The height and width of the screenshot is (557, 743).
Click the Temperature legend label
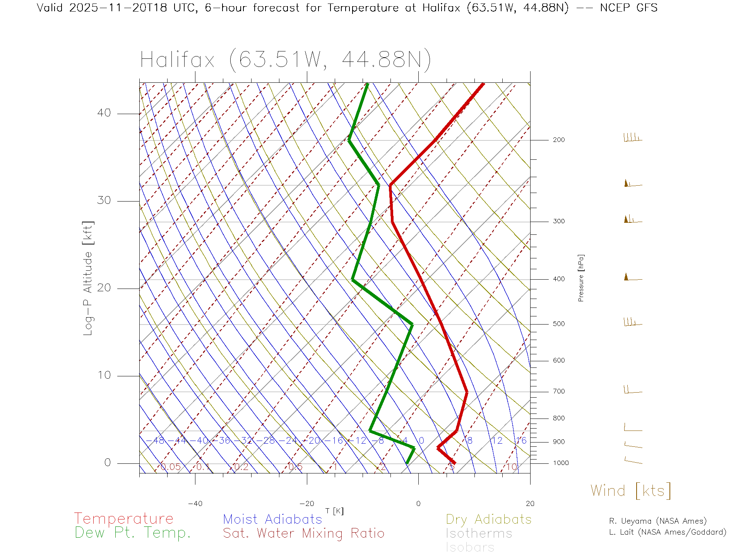[123, 519]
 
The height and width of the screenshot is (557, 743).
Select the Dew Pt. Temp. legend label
[133, 533]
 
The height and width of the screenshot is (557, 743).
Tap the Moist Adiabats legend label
[272, 519]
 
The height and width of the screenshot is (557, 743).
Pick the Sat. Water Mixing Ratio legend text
[303, 533]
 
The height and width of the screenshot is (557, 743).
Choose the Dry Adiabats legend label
[488, 519]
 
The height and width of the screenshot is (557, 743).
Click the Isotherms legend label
[479, 533]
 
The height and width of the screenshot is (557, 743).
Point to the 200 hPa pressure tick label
[558, 140]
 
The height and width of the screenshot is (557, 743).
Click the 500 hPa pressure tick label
[558, 324]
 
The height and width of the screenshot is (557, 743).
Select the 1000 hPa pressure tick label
[560, 463]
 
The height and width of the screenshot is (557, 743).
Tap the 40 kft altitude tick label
[104, 113]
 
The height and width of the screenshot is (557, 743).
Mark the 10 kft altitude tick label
[104, 375]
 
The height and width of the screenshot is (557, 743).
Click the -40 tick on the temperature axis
[195, 504]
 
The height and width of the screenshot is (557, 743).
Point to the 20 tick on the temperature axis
[530, 504]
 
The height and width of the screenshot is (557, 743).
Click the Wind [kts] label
[631, 491]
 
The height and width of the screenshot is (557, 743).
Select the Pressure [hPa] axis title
[581, 278]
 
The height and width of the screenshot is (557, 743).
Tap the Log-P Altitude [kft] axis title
[88, 278]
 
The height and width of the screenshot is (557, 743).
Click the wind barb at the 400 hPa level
[632, 277]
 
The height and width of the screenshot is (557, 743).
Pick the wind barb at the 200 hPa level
[632, 138]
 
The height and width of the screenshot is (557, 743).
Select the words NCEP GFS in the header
[628, 8]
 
